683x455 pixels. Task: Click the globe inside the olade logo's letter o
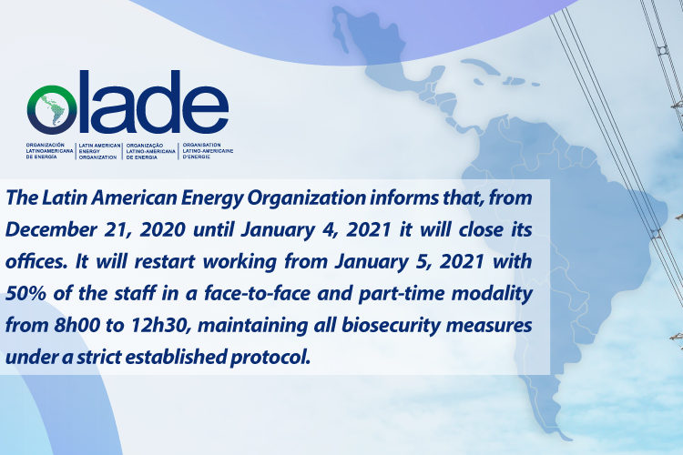(x=51, y=109)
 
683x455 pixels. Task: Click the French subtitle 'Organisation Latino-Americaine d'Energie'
(x=208, y=151)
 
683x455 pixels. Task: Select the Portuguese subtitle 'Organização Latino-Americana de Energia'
(x=150, y=151)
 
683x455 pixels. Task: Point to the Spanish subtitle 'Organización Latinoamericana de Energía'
(x=50, y=151)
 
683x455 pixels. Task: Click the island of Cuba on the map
(x=479, y=66)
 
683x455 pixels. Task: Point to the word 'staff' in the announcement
(x=135, y=293)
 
